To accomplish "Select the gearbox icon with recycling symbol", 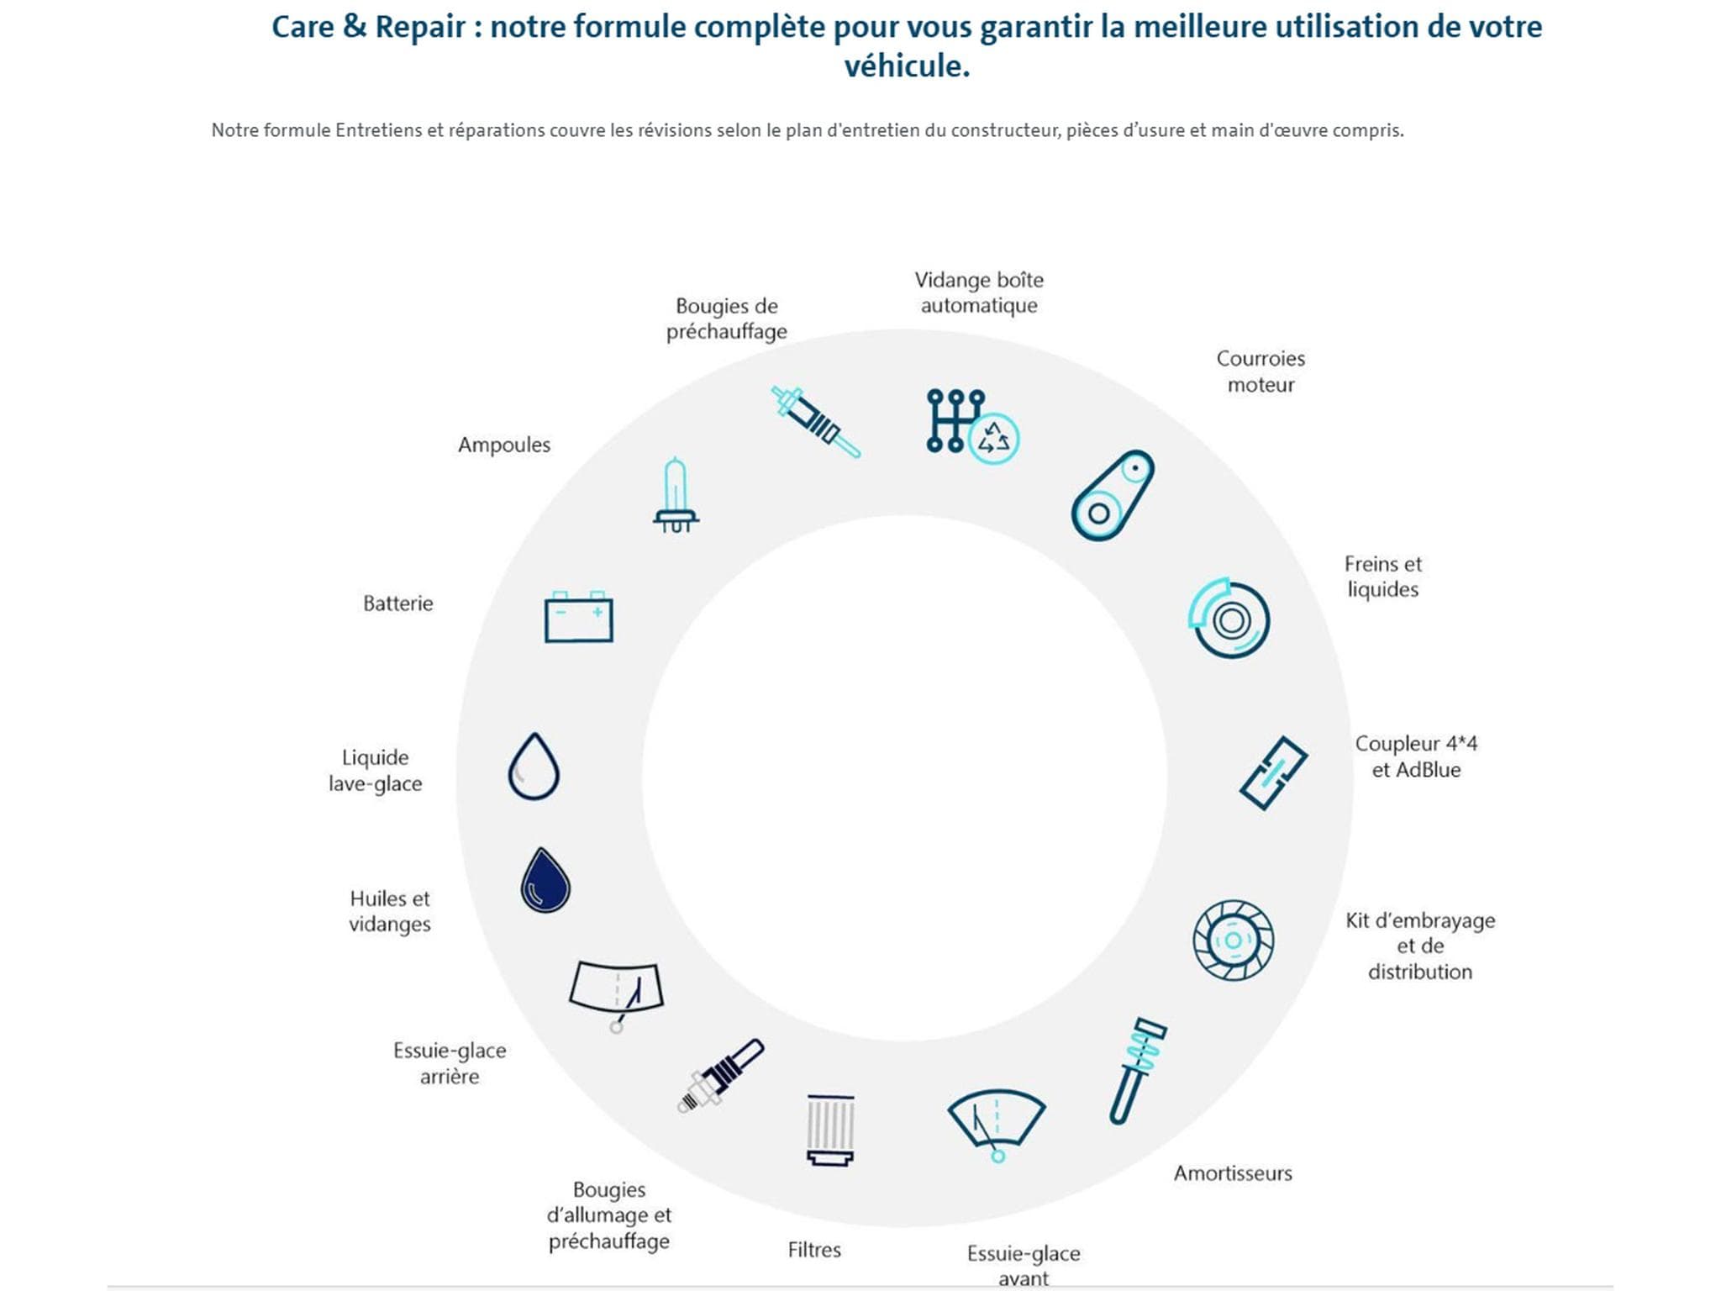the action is tap(972, 426).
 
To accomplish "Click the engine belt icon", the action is tap(1112, 495).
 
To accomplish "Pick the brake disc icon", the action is tap(1229, 618).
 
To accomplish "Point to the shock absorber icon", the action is tap(1137, 1071).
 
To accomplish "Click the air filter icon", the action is tap(830, 1130).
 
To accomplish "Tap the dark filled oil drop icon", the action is tap(545, 880).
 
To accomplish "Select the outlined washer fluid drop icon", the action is tap(534, 766).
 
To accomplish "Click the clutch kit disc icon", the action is tap(1233, 940).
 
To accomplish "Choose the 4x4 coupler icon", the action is tap(1273, 773).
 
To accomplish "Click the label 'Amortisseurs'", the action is tap(1233, 1173).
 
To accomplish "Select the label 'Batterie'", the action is tap(398, 603).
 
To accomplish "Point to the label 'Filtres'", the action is tap(814, 1250).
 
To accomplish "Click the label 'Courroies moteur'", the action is tap(1260, 371).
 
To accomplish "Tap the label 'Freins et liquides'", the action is tap(1383, 577).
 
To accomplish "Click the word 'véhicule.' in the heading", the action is tap(907, 66).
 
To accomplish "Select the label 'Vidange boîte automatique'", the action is tap(979, 292).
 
